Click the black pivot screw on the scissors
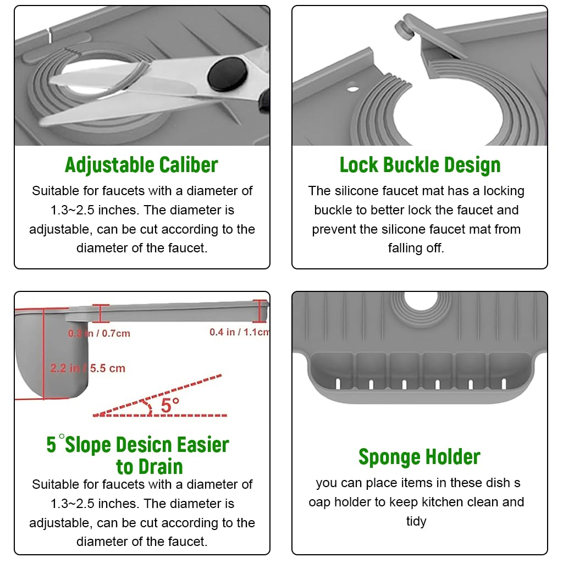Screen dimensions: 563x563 228,74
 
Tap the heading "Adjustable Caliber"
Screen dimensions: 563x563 141,165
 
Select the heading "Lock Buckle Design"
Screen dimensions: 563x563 420,165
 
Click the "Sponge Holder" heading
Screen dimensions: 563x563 420,457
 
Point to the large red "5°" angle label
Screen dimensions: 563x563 170,405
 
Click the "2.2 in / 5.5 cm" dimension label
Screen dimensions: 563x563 87,368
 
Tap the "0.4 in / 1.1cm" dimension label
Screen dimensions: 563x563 239,332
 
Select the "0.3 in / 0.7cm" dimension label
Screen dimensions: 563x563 99,333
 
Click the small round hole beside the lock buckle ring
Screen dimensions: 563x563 352,87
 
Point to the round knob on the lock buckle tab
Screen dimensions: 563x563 404,29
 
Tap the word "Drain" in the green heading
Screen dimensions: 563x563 161,467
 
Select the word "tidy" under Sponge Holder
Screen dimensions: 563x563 416,521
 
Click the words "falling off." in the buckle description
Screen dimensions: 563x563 416,248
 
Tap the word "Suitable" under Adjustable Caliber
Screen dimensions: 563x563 56,191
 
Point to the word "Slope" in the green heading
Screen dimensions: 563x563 89,445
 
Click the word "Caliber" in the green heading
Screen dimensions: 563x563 189,165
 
